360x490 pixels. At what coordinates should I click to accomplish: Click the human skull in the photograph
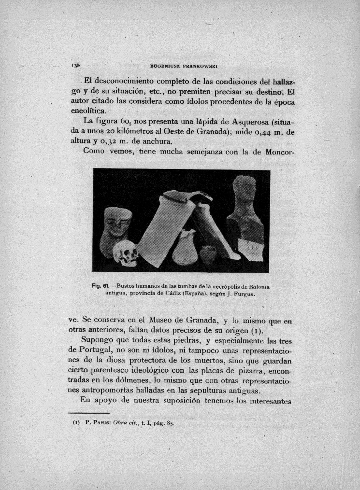127,253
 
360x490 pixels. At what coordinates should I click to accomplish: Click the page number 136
76,65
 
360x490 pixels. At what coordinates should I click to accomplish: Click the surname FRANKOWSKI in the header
202,65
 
